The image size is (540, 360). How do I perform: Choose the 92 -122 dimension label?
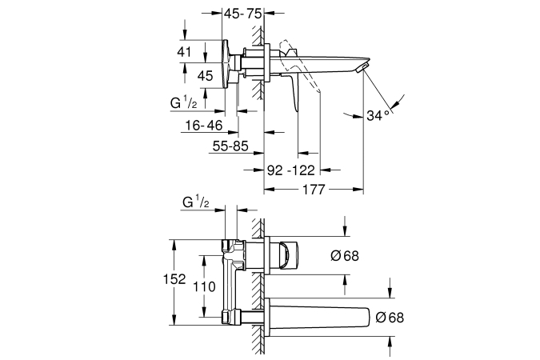pos(291,169)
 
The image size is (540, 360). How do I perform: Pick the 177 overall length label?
pos(313,190)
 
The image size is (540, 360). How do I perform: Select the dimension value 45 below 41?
pos(204,76)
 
